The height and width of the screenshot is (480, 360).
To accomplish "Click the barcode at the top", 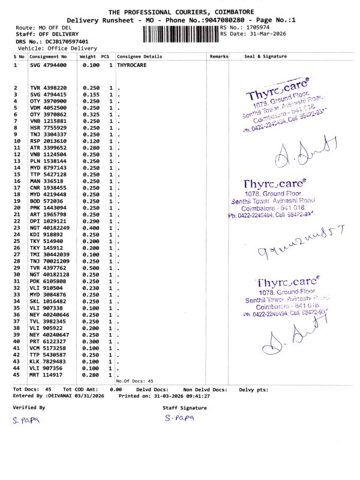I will (x=181, y=33).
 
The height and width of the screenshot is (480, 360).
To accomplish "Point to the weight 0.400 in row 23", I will (x=91, y=228).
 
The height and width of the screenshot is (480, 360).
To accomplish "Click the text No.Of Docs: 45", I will (x=135, y=381).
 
